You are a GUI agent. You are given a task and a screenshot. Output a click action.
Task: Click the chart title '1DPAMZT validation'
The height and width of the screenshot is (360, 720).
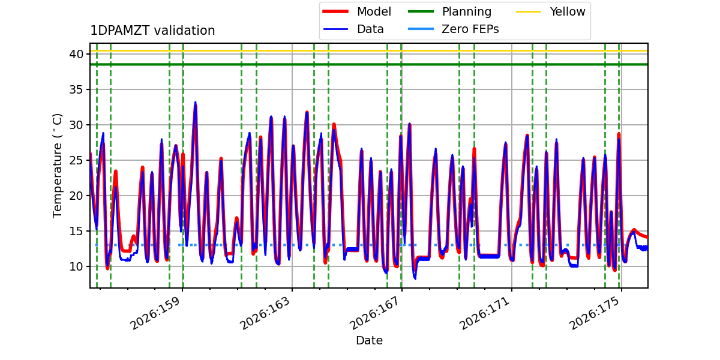pos(152,31)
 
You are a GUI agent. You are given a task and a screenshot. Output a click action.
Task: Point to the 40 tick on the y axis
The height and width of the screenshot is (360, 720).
pos(76,54)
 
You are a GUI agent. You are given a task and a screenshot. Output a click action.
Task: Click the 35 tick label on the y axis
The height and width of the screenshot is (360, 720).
pos(76,89)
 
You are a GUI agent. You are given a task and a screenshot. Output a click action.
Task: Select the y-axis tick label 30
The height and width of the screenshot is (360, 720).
pos(76,125)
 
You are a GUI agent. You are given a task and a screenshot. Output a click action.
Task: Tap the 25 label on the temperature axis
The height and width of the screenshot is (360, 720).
pos(76,160)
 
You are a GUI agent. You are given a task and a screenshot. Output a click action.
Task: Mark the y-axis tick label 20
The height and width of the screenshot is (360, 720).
pos(76,196)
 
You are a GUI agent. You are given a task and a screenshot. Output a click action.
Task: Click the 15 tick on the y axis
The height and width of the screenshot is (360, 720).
pos(76,231)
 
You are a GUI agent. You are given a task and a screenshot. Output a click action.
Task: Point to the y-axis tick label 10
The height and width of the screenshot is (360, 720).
pos(76,266)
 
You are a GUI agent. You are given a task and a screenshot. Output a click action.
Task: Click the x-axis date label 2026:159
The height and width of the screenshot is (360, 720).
pos(155,313)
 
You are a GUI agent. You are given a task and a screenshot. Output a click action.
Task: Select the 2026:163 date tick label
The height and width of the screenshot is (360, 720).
pos(265,313)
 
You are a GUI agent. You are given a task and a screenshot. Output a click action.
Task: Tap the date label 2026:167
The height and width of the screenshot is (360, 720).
pos(375,313)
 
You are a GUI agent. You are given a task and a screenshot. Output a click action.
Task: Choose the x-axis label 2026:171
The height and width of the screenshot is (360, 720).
pos(485,313)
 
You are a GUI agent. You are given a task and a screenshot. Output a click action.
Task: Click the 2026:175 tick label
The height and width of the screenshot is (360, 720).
pos(595,313)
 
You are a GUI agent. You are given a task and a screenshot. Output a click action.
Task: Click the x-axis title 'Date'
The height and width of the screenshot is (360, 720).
pos(370,340)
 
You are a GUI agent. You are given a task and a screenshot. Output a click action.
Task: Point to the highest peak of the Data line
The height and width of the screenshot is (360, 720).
pos(195,102)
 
